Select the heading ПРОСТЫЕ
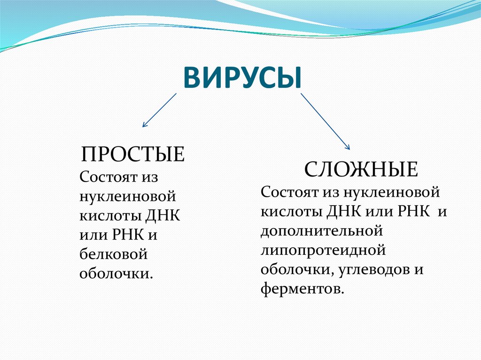click(x=133, y=154)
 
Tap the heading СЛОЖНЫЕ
click(x=361, y=169)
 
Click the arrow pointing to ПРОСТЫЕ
click(x=159, y=110)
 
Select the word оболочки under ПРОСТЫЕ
click(x=116, y=274)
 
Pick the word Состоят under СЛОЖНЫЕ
click(x=289, y=191)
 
